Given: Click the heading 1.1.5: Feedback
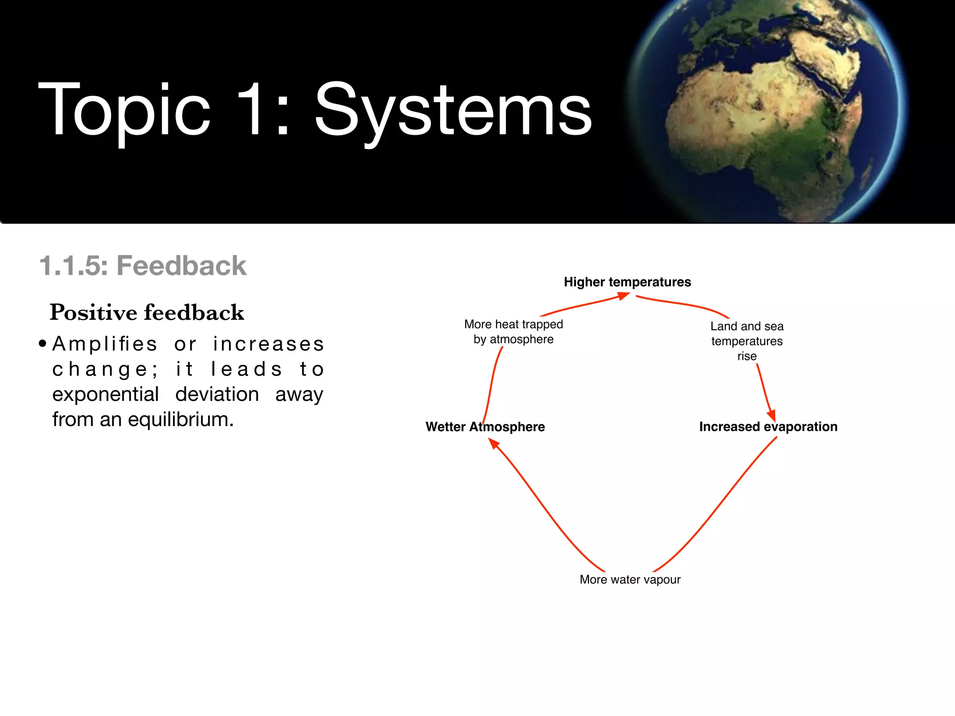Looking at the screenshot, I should tap(143, 266).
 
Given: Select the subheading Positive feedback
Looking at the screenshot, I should tap(147, 312).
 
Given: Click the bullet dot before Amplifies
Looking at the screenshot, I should tap(43, 344).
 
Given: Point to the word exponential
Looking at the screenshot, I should tap(105, 394).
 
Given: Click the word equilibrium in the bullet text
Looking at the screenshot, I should tap(180, 420).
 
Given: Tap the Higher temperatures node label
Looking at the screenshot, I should tap(627, 282).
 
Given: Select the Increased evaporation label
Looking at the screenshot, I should tap(768, 427).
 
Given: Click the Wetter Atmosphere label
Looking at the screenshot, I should tap(485, 427).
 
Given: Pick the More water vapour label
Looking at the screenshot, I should tap(630, 579).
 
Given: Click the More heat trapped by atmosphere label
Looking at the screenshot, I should tap(513, 331).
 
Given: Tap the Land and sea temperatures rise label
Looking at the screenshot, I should tap(747, 341).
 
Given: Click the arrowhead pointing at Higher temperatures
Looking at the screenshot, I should tap(623, 296).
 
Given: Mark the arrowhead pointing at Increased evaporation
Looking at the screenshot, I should tap(771, 415).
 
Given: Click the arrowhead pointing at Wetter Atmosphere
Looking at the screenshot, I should tap(494, 443).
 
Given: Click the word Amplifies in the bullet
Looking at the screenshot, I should tap(105, 344).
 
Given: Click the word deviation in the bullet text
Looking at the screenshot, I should tap(217, 394).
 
